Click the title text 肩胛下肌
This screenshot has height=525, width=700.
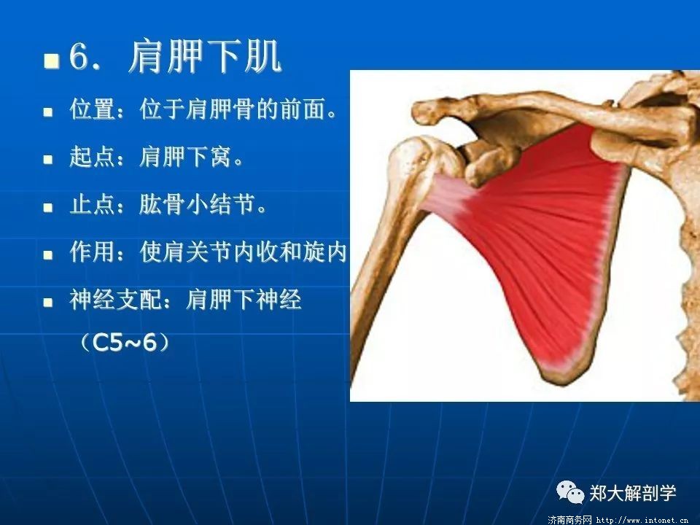pyautogui.click(x=205, y=56)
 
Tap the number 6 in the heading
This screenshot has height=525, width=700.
pyautogui.click(x=79, y=57)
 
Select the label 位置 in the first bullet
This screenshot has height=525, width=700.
pyautogui.click(x=93, y=109)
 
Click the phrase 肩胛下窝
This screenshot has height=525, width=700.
pyautogui.click(x=184, y=157)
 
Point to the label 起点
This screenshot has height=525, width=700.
pyautogui.click(x=93, y=157)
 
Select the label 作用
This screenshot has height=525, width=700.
pyautogui.click(x=93, y=252)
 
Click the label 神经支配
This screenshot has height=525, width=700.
pyautogui.click(x=116, y=299)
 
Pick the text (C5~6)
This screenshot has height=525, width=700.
pyautogui.click(x=125, y=343)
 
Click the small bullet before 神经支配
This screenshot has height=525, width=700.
pyautogui.click(x=48, y=302)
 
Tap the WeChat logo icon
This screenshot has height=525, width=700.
pyautogui.click(x=569, y=492)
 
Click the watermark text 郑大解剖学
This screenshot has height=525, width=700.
pyautogui.click(x=633, y=494)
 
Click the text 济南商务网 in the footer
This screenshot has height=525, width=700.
pyautogui.click(x=569, y=520)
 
